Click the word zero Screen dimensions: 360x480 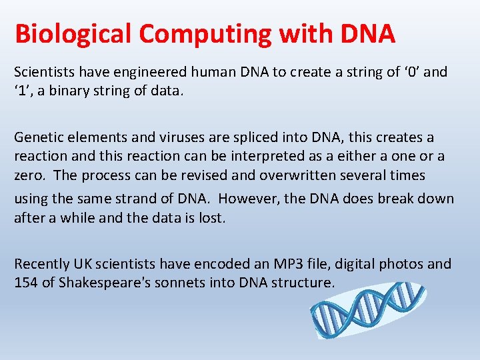pos(29,175)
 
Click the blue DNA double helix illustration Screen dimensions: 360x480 pos(367,309)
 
